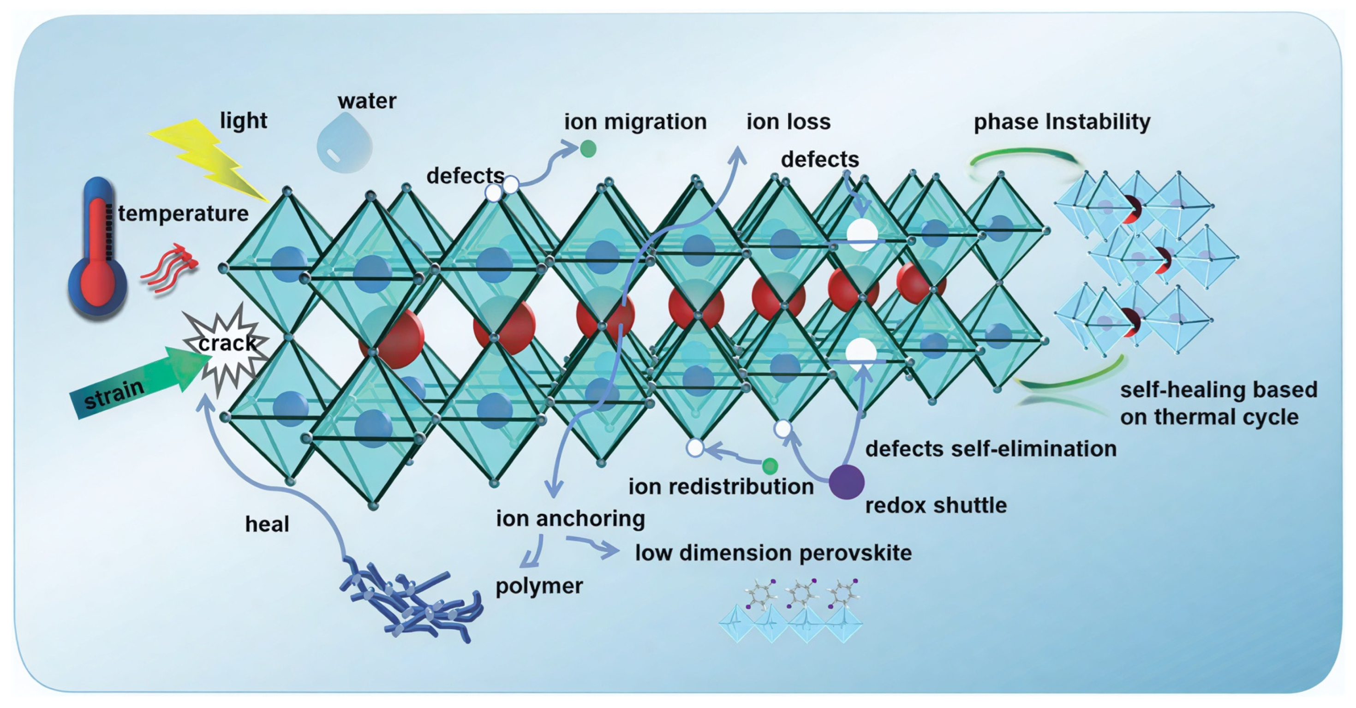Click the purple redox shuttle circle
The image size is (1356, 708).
[847, 482]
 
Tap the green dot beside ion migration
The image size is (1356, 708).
[588, 149]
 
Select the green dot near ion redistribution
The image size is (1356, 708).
[770, 465]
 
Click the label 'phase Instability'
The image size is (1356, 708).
[1062, 122]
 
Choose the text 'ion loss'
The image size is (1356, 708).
[788, 122]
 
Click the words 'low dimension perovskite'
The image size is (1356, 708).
[773, 553]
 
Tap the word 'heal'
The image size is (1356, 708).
[267, 524]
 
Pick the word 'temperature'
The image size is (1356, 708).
[183, 214]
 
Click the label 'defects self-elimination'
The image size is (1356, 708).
[991, 449]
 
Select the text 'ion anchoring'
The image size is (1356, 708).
[570, 518]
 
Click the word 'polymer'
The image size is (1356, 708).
[539, 586]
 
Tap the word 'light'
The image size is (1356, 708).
[243, 120]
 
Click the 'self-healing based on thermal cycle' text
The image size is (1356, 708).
[1218, 403]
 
